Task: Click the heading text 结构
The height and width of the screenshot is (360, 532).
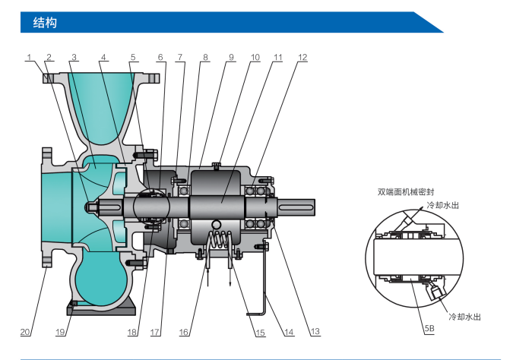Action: coord(46,23)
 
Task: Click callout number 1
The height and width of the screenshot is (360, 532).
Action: coord(29,57)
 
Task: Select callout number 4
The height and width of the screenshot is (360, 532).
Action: coord(103,57)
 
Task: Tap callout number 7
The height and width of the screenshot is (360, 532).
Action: coord(180,57)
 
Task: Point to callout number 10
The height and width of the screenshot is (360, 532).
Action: coord(255,57)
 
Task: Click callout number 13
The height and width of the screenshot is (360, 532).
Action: coord(315,332)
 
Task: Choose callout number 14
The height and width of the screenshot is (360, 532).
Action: coord(289,332)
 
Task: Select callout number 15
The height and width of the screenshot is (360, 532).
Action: coord(260,332)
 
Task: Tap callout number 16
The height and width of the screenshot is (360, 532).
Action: coord(184,332)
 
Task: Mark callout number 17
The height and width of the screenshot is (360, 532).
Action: coord(156,332)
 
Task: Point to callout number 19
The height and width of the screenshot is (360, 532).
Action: coord(61,332)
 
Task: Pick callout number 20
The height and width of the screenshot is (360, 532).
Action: coord(24,332)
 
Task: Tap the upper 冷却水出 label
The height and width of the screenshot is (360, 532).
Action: coord(442,205)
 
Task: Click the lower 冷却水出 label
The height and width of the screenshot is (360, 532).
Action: coord(464,315)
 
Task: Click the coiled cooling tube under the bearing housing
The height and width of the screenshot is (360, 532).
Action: coord(220,239)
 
